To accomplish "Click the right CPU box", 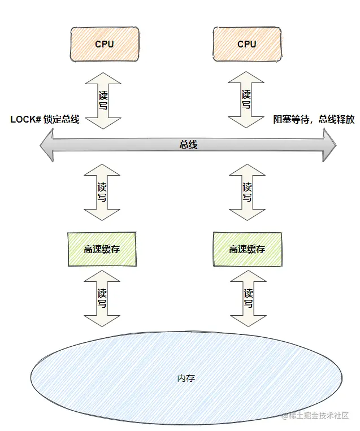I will coord(246,43).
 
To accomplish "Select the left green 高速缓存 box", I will coord(102,249).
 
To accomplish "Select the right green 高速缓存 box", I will coord(247,249).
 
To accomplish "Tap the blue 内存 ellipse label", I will coord(186,378).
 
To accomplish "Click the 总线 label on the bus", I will coord(188,145).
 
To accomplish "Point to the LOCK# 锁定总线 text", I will coord(45,119).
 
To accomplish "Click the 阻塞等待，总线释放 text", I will coord(314,119).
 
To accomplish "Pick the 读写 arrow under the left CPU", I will coord(102,100).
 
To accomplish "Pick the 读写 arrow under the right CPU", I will coord(246,100).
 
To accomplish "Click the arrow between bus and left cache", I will coord(102,192).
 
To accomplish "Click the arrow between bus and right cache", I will coord(247,192).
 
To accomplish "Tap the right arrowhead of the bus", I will coord(329,145).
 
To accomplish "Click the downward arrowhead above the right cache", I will coord(247,212).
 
